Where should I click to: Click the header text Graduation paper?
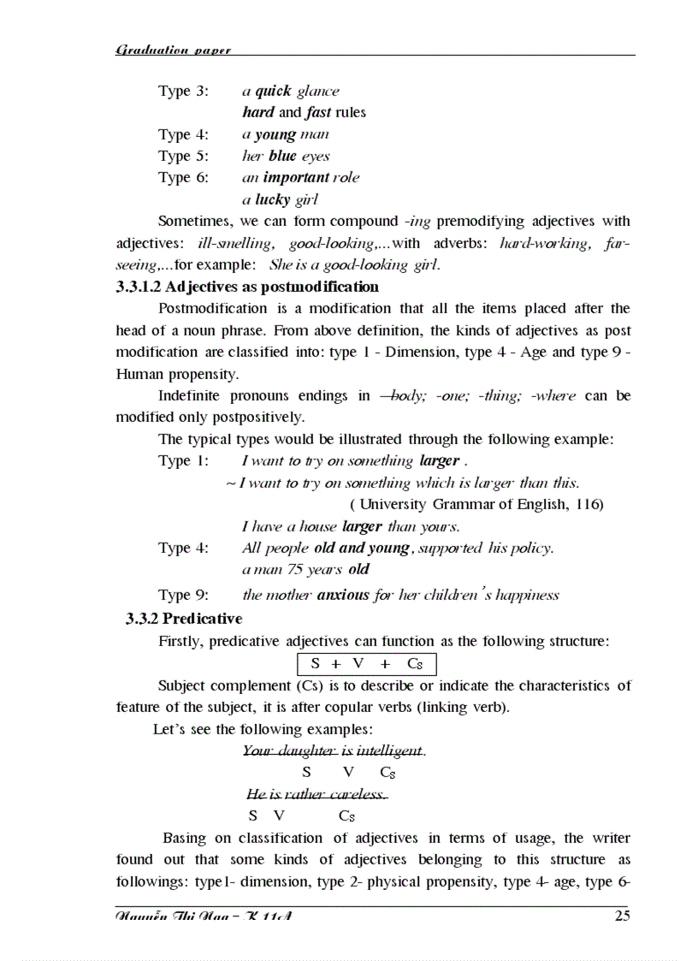click(173, 50)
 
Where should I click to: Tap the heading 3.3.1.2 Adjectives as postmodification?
click(247, 287)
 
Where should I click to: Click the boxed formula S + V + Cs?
click(366, 663)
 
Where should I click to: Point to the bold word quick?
click(273, 91)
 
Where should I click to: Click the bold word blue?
click(281, 156)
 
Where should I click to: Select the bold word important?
click(296, 177)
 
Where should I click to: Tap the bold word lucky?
click(273, 199)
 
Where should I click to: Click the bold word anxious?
click(343, 595)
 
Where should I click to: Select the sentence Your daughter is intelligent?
click(334, 751)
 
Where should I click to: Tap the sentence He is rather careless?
click(316, 795)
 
